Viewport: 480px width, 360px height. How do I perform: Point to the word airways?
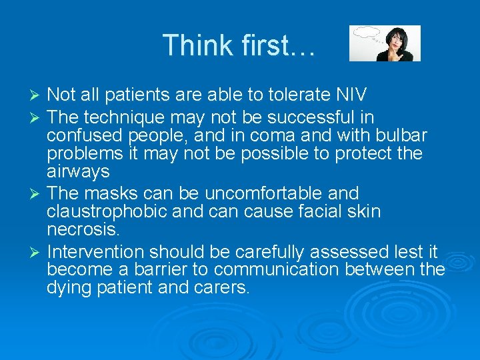78,172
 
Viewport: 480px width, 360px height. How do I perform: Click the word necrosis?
84,230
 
